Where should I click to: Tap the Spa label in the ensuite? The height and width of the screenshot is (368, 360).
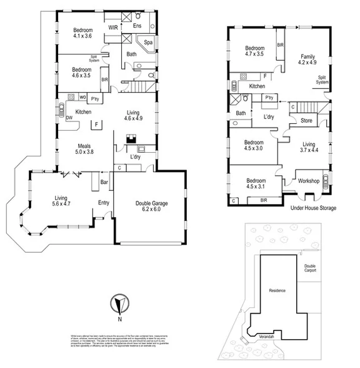click(x=149, y=42)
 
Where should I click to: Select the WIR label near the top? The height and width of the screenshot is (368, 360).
click(x=114, y=28)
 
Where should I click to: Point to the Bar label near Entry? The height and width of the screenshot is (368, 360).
click(x=105, y=183)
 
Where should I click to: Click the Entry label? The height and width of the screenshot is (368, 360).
click(x=103, y=202)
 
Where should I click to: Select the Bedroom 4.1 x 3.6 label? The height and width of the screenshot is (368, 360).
click(x=82, y=33)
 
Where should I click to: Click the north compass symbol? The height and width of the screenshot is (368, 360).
click(x=118, y=305)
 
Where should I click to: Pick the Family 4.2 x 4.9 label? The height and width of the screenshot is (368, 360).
click(x=307, y=58)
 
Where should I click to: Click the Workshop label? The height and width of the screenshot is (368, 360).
click(x=309, y=181)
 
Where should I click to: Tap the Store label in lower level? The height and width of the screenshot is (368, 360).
click(x=306, y=120)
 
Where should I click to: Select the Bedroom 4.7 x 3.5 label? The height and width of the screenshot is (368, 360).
click(x=254, y=51)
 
